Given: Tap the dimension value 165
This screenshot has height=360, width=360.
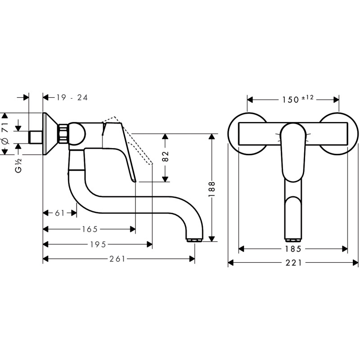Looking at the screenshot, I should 90,229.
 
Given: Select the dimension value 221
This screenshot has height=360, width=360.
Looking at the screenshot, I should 293,263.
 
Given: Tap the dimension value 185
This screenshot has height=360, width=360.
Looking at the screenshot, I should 293,248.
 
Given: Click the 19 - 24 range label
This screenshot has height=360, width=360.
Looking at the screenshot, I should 72,97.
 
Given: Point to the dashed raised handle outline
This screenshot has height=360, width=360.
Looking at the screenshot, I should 135,139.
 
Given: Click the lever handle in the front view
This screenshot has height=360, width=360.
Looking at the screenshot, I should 292,153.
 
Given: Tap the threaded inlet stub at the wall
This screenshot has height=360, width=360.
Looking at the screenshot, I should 35,136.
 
